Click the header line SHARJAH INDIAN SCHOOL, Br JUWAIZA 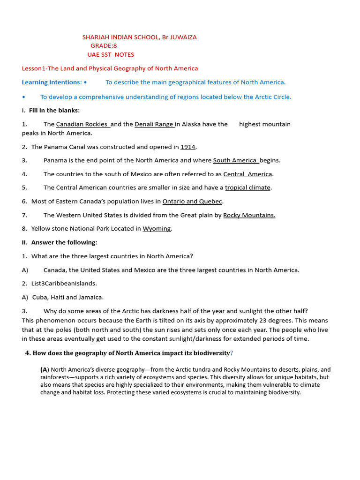click(139, 37)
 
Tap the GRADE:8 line click(104, 45)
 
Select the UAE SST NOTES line click(110, 54)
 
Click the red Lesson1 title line click(110, 68)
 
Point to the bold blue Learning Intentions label click(52, 82)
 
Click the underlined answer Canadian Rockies click(82, 124)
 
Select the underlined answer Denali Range click(154, 124)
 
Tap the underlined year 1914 click(187, 147)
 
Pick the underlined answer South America click(235, 160)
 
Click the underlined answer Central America click(247, 174)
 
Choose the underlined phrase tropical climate click(247, 187)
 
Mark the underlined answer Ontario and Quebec click(192, 202)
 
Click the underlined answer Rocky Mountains click(249, 215)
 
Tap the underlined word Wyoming click(157, 229)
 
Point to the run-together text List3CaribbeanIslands click(64, 284)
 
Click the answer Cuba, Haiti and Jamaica click(68, 297)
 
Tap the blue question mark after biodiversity click(232, 353)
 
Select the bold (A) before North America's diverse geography click(45, 370)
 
